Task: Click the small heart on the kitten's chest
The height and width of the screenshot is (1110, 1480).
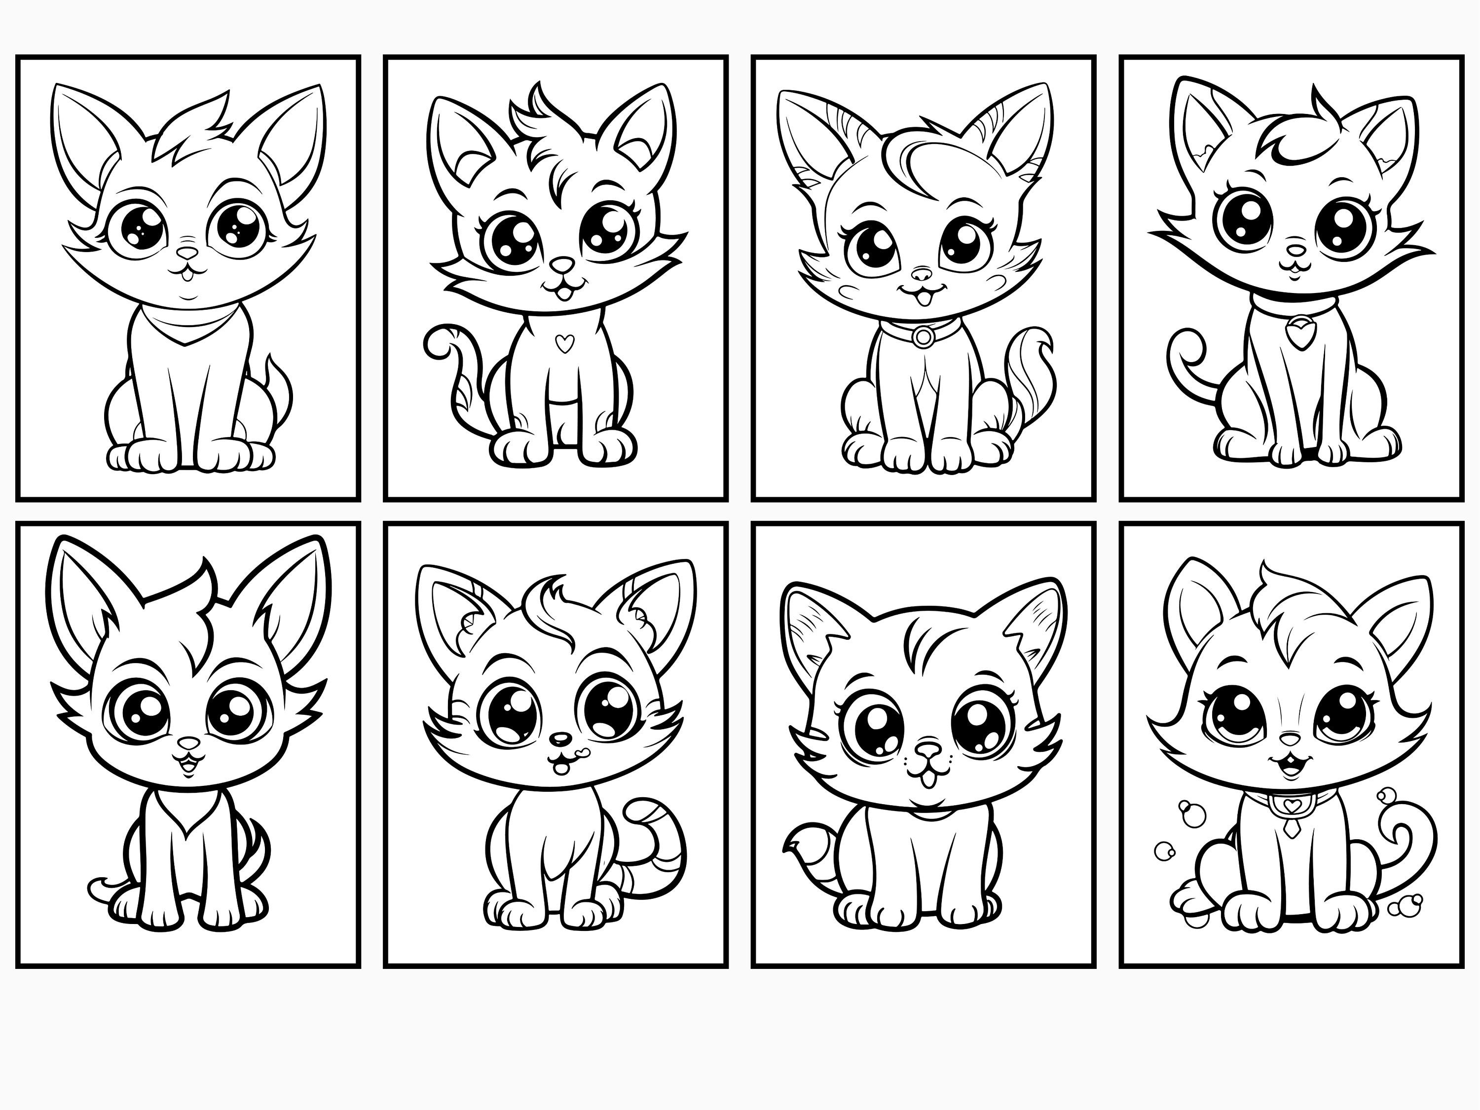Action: [565, 343]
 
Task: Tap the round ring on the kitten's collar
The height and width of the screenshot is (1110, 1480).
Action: [924, 336]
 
